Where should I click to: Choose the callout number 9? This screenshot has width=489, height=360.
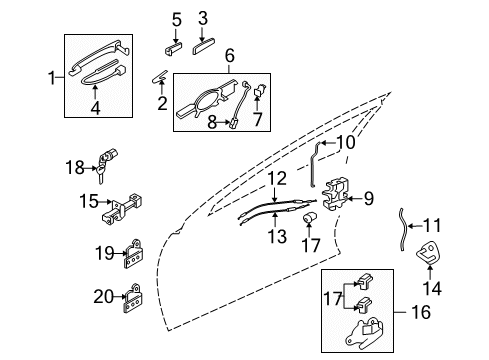click(x=368, y=199)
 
